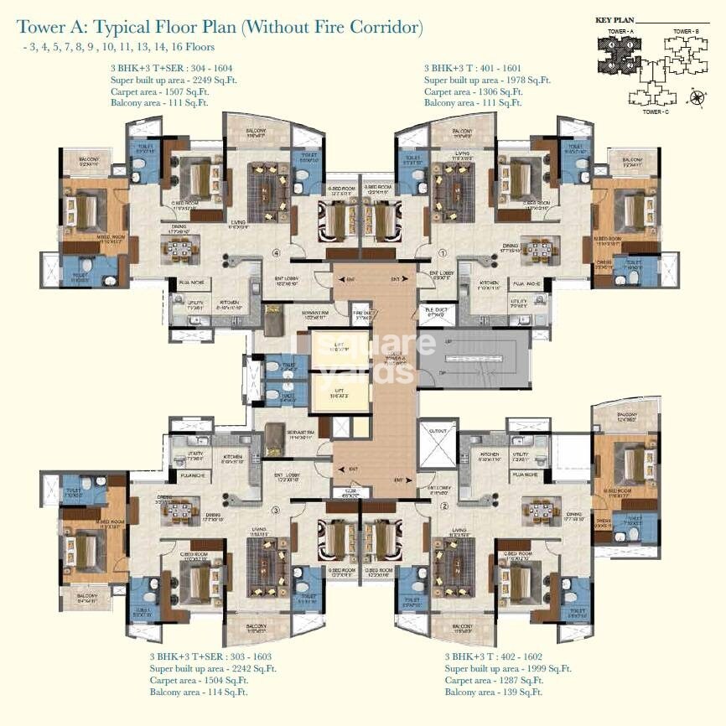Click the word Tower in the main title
[41, 28]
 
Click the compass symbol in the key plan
[697, 99]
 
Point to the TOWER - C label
[655, 111]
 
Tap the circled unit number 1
[442, 251]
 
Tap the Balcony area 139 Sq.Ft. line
[494, 692]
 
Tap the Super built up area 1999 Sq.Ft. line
[508, 668]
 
